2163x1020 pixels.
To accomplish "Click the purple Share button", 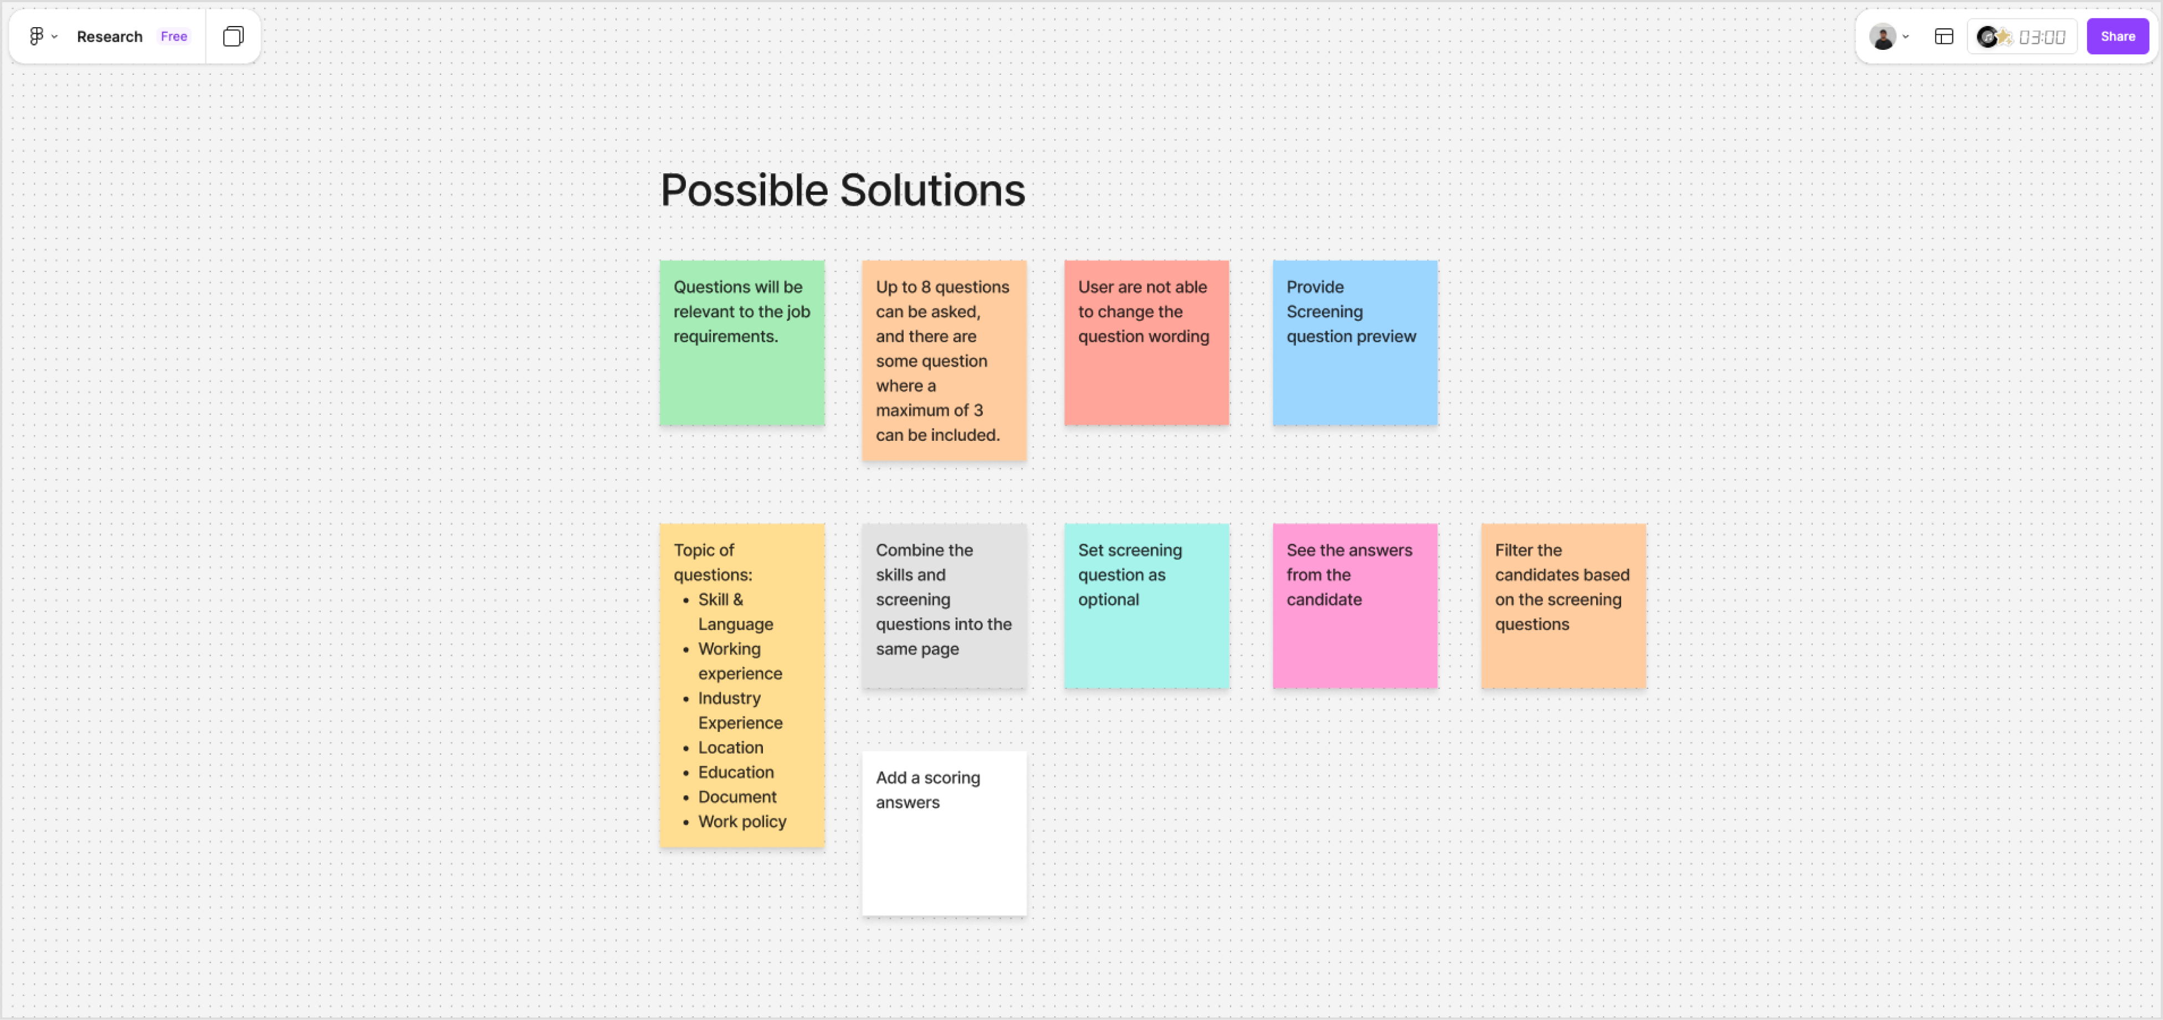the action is click(2117, 36).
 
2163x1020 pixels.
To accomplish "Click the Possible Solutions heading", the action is click(842, 190).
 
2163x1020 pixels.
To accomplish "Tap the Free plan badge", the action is click(174, 36).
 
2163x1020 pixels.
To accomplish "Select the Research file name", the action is click(109, 36).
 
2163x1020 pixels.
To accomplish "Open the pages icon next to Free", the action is click(233, 36).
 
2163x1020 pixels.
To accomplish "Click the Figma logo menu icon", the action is click(36, 36).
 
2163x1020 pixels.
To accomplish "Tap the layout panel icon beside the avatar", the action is click(1943, 36).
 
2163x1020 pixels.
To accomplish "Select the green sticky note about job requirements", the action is click(741, 343).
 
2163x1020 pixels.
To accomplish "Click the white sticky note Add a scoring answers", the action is click(944, 833).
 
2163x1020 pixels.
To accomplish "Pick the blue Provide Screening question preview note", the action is click(1355, 343).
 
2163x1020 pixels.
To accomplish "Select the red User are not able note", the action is click(1146, 343).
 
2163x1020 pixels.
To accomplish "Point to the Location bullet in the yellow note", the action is click(731, 747).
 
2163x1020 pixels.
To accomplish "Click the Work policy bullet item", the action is click(742, 821).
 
